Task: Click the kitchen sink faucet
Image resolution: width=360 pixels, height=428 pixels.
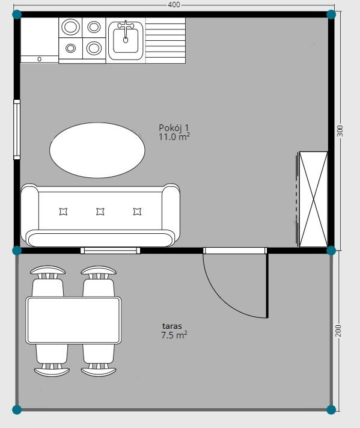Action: tap(126, 31)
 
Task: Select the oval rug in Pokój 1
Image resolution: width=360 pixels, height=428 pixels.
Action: tap(97, 150)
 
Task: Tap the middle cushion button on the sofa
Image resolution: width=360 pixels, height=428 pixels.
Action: tap(100, 212)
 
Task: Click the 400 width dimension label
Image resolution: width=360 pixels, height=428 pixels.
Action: tap(174, 5)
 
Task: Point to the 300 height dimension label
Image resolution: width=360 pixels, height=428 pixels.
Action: tap(340, 131)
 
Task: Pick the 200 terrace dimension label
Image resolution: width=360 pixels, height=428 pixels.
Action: tap(338, 330)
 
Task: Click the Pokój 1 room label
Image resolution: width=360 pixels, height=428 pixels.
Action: tap(174, 128)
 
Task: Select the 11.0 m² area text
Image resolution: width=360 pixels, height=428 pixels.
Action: tap(174, 136)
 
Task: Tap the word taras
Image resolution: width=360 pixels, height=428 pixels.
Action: tap(172, 326)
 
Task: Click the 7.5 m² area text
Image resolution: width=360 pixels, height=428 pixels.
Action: tap(174, 335)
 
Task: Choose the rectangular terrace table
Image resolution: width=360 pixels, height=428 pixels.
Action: tap(73, 320)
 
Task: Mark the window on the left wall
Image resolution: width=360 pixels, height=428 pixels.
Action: tap(17, 129)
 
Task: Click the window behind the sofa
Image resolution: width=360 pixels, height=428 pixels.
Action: tap(110, 250)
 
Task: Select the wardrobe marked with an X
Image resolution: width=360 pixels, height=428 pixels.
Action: tap(313, 199)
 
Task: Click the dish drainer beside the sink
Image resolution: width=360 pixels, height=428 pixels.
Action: tap(165, 41)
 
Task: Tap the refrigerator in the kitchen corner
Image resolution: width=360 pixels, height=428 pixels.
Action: tap(40, 41)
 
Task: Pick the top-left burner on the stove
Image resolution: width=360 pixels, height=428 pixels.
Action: tap(71, 26)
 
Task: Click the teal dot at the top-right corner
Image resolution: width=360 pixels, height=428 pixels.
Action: tap(331, 14)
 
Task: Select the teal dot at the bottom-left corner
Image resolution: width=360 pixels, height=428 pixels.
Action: tap(17, 409)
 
